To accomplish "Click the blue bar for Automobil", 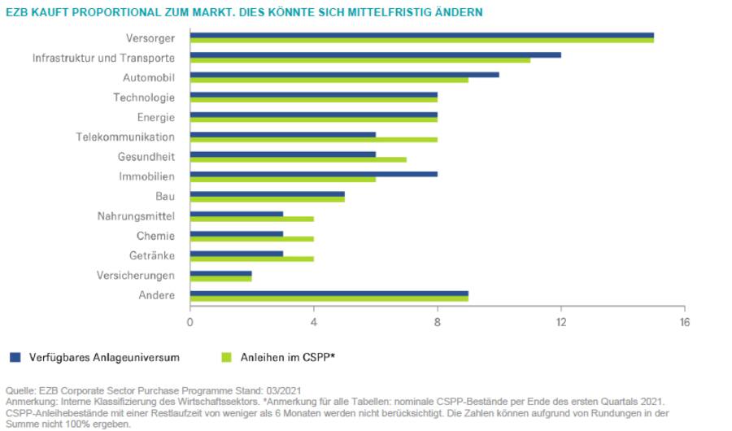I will pos(344,75).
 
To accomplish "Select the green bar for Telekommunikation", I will pos(313,140).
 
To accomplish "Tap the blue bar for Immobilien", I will pos(313,173).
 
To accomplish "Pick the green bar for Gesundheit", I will pos(298,159).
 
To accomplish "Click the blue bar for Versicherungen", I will pos(220,274).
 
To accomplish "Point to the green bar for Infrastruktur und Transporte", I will pos(359,60).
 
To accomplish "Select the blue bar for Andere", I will pos(329,294).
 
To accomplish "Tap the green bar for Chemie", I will pos(251,239).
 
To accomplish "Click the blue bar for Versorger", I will pos(421,35).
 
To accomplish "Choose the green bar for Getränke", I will pos(251,259).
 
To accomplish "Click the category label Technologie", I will pos(144,98).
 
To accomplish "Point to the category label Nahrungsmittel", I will pos(136,216).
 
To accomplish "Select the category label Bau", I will pos(165,197).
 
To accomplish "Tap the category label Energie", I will pos(155,117).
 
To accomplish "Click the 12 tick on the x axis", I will pos(560,322).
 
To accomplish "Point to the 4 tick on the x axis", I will pos(313,322).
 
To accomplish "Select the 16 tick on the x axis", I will pos(684,322).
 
